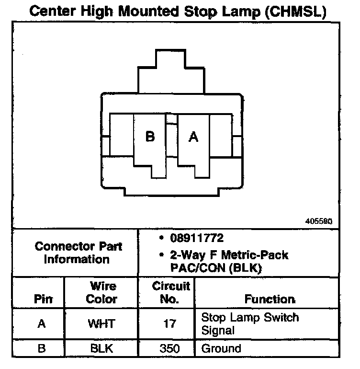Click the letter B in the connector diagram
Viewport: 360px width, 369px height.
tap(150, 137)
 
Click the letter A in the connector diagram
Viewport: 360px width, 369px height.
tap(193, 137)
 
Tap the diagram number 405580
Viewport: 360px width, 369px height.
tap(318, 222)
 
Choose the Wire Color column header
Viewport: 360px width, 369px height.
tap(102, 293)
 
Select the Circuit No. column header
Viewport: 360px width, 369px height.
tap(171, 293)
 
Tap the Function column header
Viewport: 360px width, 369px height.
tap(270, 300)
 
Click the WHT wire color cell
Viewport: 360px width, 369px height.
tap(101, 324)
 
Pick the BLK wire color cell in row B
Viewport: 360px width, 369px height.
tap(101, 348)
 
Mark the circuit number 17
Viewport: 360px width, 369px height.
tap(171, 324)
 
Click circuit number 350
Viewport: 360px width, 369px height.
tap(171, 348)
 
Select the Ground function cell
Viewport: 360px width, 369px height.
tap(221, 348)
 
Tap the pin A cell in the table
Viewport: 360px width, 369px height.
tap(42, 324)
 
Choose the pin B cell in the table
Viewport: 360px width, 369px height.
tap(42, 348)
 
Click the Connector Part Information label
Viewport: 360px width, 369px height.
tap(79, 253)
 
